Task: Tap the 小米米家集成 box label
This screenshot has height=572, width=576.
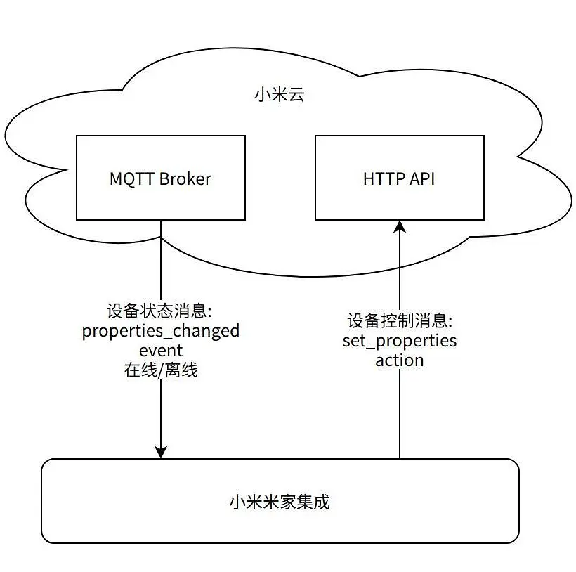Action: pyautogui.click(x=280, y=502)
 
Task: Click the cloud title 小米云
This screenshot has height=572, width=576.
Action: pyautogui.click(x=280, y=95)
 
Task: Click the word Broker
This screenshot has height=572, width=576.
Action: pyautogui.click(x=185, y=178)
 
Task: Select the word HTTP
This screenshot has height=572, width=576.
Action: pyautogui.click(x=384, y=178)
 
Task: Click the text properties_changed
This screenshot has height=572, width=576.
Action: pyautogui.click(x=161, y=331)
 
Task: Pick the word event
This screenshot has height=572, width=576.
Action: pyautogui.click(x=161, y=350)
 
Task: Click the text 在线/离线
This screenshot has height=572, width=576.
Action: pyautogui.click(x=161, y=370)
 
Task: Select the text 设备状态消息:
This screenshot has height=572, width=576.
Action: pyautogui.click(x=161, y=311)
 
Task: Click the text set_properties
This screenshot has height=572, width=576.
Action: pyautogui.click(x=400, y=342)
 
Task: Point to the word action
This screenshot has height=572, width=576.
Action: pyautogui.click(x=400, y=360)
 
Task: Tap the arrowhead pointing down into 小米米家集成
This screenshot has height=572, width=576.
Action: pyautogui.click(x=161, y=451)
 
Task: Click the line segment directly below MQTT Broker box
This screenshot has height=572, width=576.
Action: pyautogui.click(x=161, y=260)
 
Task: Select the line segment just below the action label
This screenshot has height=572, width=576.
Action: pyautogui.click(x=400, y=415)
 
